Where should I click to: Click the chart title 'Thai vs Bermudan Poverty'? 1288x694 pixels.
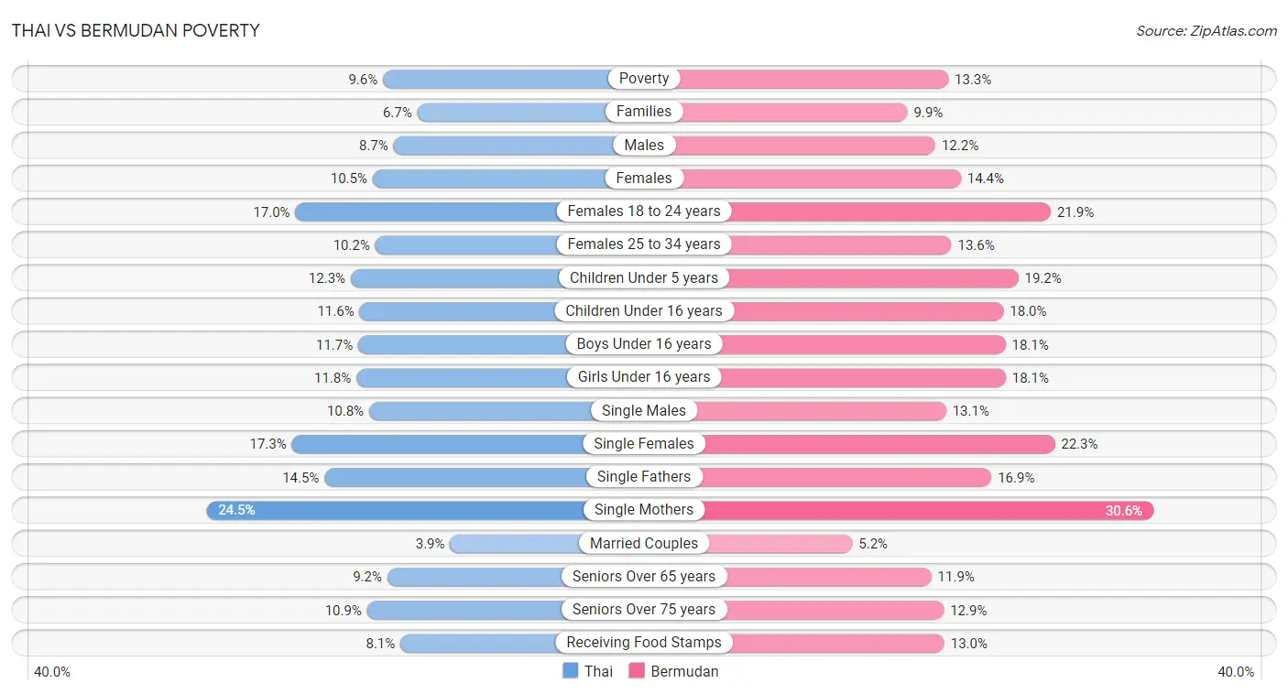[x=136, y=30]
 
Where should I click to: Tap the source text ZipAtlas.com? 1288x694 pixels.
[x=1233, y=31]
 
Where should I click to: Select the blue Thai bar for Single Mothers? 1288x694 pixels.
[x=397, y=510]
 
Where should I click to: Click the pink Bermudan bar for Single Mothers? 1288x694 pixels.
[x=927, y=510]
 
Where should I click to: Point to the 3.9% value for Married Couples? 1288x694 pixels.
[x=431, y=544]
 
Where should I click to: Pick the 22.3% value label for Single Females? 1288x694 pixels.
[x=1079, y=444]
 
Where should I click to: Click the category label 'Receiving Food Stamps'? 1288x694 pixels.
[x=643, y=643]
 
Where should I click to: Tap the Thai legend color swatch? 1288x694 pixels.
[x=570, y=670]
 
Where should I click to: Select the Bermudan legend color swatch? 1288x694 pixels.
[x=637, y=670]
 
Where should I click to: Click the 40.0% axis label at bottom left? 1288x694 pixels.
[x=52, y=672]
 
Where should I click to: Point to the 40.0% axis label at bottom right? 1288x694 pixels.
[x=1236, y=672]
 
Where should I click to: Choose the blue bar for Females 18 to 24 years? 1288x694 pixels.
[x=427, y=212]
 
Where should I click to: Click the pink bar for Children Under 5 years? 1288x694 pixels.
[x=872, y=278]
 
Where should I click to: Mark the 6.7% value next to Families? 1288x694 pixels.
[x=398, y=113]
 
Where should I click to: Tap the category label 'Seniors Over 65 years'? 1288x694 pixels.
[x=643, y=576]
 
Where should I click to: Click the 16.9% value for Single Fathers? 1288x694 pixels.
[x=1016, y=477]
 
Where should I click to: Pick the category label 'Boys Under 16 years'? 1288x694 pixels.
[x=643, y=343]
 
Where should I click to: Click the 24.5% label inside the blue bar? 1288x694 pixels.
[x=236, y=510]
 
